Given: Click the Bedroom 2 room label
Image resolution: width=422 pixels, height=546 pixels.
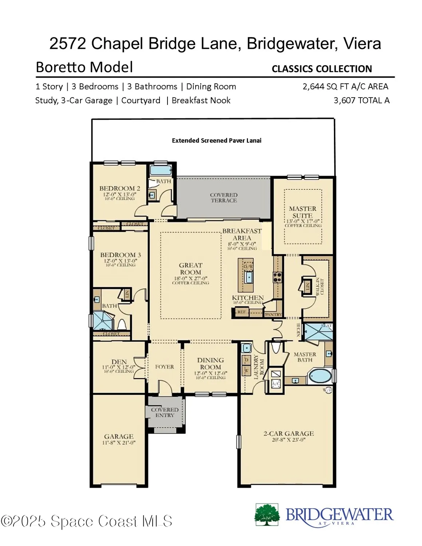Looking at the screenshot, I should (x=119, y=188).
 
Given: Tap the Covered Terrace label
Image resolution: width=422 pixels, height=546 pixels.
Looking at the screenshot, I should (x=224, y=198).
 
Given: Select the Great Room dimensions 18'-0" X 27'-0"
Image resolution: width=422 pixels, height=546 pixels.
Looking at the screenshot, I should (x=190, y=278).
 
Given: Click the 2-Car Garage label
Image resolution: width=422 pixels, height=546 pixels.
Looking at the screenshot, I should (x=288, y=434).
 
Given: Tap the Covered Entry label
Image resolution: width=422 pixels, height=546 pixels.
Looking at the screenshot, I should (x=165, y=412).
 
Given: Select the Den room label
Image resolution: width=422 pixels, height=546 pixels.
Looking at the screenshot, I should (x=119, y=362).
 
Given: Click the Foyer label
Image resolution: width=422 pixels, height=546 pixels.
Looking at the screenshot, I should (x=165, y=367).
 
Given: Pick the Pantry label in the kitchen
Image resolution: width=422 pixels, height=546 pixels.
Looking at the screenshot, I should (x=273, y=314).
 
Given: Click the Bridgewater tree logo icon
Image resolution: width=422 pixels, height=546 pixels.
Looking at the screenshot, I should (x=267, y=515).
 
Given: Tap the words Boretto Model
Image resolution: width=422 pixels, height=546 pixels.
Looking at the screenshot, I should (x=84, y=67).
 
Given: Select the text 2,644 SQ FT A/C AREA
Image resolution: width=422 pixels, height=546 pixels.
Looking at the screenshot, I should (x=345, y=87).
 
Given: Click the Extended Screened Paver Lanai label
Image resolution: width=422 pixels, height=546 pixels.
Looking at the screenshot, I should (x=217, y=141).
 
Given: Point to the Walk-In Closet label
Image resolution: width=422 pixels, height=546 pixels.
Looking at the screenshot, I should (x=320, y=286).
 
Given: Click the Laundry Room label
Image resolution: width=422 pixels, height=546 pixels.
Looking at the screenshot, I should (x=259, y=367).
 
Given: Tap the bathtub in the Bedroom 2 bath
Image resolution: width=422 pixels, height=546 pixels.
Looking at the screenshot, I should (x=161, y=170).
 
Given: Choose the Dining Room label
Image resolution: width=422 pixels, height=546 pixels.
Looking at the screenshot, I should (x=210, y=363).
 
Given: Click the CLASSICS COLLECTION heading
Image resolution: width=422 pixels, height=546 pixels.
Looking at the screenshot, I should (x=322, y=69).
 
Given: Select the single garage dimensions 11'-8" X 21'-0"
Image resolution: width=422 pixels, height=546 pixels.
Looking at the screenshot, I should (x=119, y=443).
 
